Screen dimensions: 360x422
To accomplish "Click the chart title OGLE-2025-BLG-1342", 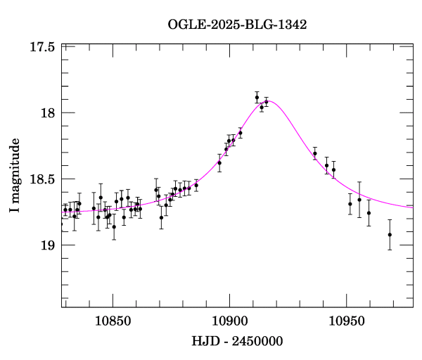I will coord(237,25).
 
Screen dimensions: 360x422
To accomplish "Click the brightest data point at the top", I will coord(257,97).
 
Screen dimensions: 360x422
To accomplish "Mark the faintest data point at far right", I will coord(390,235).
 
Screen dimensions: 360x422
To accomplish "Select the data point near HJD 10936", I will coord(315,153).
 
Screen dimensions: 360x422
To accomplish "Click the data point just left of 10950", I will coord(334,169).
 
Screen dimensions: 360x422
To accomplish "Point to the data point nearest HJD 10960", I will coord(369,213).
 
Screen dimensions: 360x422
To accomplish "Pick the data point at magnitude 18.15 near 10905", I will coord(241,133).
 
